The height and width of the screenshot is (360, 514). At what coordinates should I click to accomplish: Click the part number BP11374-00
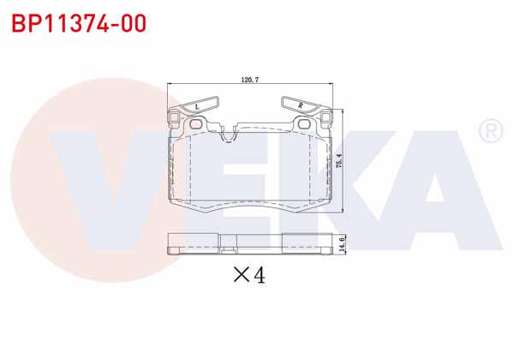pyautogui.click(x=75, y=22)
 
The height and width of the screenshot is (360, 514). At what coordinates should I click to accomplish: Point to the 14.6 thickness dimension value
pyautogui.click(x=342, y=243)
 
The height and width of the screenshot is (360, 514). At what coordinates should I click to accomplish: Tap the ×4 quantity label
pyautogui.click(x=249, y=274)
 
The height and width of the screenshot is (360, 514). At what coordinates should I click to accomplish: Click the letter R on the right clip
pyautogui.click(x=300, y=105)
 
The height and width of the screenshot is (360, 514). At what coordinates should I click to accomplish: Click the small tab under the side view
pyautogui.click(x=228, y=250)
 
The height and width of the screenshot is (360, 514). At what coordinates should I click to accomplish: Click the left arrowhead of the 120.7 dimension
pyautogui.click(x=169, y=85)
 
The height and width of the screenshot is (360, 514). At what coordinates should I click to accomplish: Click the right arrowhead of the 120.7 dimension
pyautogui.click(x=330, y=85)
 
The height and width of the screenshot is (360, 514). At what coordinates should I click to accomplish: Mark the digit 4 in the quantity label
pyautogui.click(x=259, y=274)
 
